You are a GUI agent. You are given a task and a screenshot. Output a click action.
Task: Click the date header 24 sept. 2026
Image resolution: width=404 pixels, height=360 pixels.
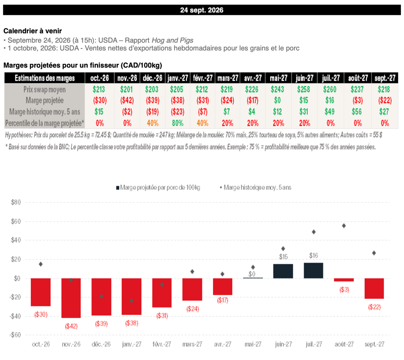pyautogui.click(x=202, y=10)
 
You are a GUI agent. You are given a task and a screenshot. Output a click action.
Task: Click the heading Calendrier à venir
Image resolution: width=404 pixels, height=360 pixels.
pyautogui.click(x=33, y=31)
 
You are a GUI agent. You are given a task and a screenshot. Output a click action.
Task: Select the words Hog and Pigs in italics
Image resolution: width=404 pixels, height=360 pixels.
pyautogui.click(x=172, y=41)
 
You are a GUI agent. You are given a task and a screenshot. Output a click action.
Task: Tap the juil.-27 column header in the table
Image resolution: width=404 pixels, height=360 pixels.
pyautogui.click(x=331, y=78)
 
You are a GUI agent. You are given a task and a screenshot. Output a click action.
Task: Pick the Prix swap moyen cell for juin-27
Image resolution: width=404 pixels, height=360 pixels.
pyautogui.click(x=303, y=89)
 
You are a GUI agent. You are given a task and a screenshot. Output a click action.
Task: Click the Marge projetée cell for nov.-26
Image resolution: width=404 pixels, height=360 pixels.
pyautogui.click(x=127, y=100)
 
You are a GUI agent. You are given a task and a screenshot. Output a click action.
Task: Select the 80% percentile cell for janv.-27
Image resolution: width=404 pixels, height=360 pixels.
pyautogui.click(x=178, y=123)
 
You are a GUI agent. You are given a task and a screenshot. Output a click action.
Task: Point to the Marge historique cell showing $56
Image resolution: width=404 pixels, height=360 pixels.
pyautogui.click(x=357, y=112)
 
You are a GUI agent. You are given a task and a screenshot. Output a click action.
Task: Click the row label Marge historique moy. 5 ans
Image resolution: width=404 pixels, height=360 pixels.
pyautogui.click(x=45, y=112)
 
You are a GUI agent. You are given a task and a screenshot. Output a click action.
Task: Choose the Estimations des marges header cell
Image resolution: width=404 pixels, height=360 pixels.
pyautogui.click(x=45, y=78)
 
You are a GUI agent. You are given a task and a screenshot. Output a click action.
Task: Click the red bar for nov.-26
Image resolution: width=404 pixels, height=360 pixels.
pyautogui.click(x=71, y=298)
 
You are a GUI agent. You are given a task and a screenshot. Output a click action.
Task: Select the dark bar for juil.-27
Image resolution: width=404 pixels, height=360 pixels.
pyautogui.click(x=313, y=270)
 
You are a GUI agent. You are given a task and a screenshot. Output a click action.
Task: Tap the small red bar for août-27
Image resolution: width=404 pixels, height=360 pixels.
pyautogui.click(x=344, y=280)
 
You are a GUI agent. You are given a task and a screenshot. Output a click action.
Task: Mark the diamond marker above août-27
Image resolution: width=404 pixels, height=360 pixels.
pyautogui.click(x=344, y=226)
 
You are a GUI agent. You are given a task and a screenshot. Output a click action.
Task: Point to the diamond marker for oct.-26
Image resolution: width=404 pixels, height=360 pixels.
pyautogui.click(x=41, y=264)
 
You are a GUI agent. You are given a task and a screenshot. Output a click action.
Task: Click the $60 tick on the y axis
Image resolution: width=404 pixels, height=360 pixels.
pyautogui.click(x=16, y=221)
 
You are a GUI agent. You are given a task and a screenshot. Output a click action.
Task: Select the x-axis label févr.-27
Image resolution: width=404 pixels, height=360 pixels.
pyautogui.click(x=162, y=344)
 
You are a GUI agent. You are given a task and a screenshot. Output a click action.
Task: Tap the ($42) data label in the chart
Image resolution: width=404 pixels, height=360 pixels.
pyautogui.click(x=71, y=326)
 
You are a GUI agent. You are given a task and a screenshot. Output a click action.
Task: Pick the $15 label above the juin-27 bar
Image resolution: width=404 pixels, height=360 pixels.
pyautogui.click(x=283, y=257)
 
